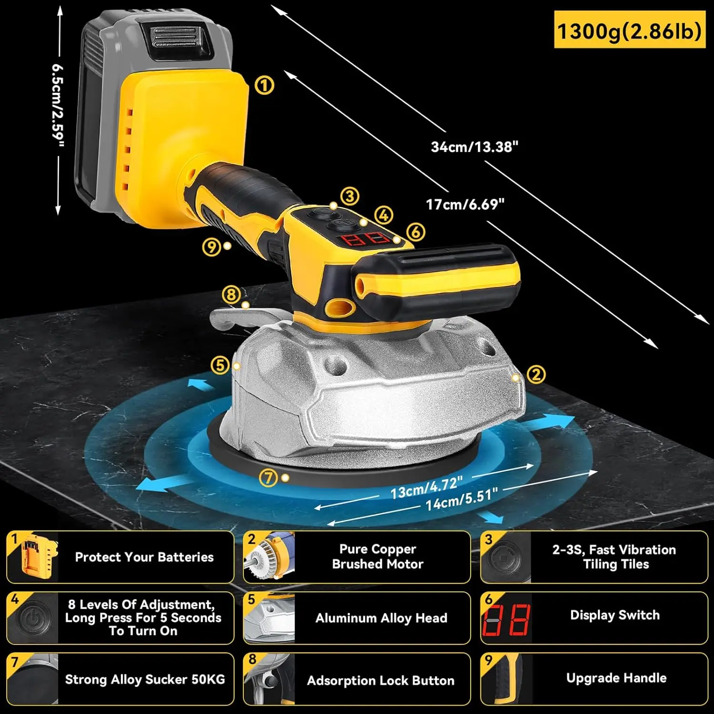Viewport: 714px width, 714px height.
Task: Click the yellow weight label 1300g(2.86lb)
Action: [629, 31]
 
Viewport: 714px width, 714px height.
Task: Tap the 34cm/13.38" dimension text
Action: [474, 147]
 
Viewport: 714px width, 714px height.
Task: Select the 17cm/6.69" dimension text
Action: [465, 205]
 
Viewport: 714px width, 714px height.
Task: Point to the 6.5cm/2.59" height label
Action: [58, 106]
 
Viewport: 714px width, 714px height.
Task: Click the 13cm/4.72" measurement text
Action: [426, 487]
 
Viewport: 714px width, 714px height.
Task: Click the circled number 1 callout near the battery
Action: [264, 86]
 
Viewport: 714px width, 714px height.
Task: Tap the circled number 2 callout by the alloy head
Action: [536, 375]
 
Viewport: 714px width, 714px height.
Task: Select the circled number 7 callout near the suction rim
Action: [268, 477]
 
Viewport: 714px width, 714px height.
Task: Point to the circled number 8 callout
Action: [231, 295]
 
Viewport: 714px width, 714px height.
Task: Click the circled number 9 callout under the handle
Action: [211, 247]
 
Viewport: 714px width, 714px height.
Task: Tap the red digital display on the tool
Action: [366, 238]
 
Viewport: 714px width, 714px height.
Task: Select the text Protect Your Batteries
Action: [144, 557]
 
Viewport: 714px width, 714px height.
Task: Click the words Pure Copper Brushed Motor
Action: [377, 556]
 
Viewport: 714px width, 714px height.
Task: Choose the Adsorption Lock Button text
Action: [380, 680]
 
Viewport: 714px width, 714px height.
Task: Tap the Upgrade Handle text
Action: [616, 678]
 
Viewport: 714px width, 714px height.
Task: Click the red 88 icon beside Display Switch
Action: [506, 621]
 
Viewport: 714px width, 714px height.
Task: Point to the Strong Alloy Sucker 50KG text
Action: [145, 679]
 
